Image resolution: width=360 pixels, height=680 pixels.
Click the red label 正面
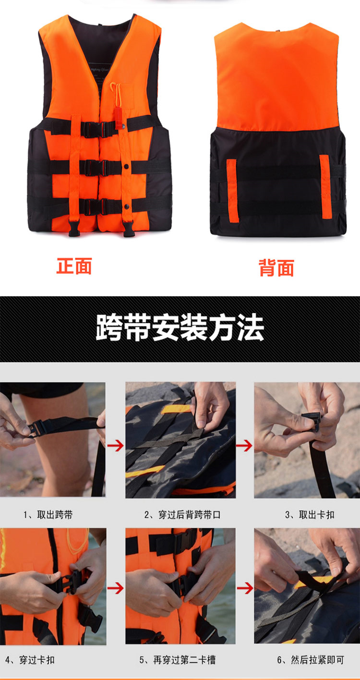(74, 266)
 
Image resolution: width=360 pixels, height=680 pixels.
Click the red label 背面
(276, 268)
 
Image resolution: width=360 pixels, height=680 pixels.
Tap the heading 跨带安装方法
(180, 328)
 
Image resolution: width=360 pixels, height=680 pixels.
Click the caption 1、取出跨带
(48, 515)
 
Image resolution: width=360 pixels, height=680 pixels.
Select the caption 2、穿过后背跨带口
(182, 515)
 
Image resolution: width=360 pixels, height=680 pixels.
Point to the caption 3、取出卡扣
(310, 515)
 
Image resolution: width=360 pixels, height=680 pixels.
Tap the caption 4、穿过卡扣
(30, 660)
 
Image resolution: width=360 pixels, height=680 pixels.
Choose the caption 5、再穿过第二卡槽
(178, 660)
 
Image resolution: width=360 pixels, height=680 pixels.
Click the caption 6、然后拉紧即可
(311, 660)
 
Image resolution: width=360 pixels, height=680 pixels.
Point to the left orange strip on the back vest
(232, 190)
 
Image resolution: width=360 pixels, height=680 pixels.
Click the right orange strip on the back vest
(325, 186)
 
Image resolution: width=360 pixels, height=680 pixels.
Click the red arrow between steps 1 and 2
(116, 446)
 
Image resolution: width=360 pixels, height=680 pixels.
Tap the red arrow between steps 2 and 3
(244, 446)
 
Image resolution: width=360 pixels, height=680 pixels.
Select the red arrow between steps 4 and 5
(116, 588)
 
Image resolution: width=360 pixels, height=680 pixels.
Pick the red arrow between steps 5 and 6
(245, 588)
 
